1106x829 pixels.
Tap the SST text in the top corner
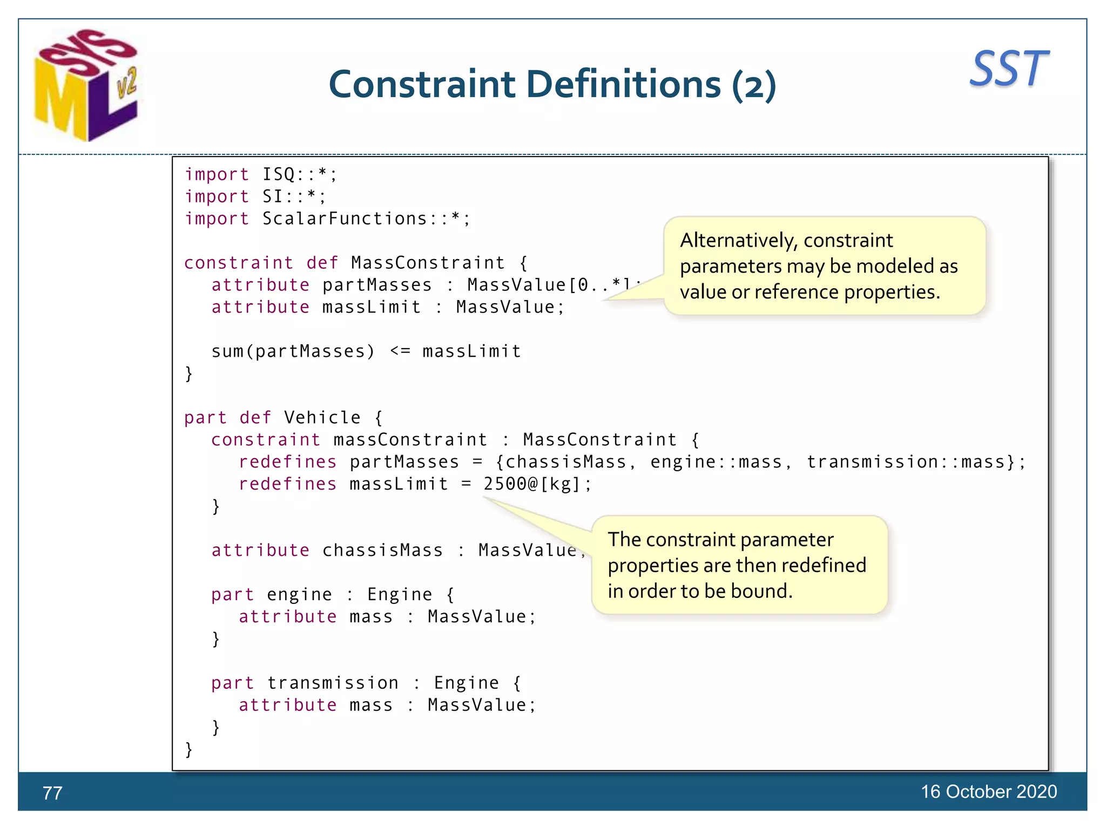1009,69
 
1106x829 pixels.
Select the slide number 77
52,793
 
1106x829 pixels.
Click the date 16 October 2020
988,792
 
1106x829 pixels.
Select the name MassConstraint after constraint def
428,263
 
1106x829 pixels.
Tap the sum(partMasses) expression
293,351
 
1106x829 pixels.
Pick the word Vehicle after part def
322,418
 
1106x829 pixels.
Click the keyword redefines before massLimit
288,484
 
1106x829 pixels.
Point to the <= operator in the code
400,351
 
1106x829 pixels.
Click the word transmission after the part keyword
333,683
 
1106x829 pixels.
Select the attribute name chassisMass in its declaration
382,551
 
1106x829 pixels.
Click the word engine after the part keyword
299,595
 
